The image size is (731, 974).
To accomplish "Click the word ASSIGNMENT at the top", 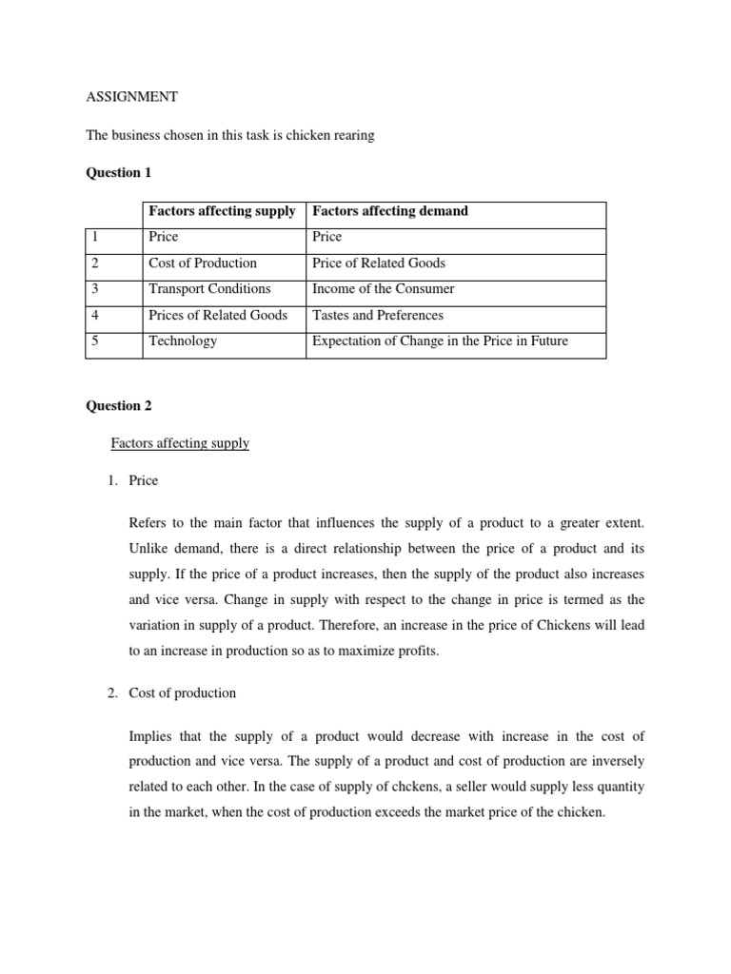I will [x=131, y=97].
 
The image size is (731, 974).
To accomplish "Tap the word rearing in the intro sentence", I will [x=352, y=135].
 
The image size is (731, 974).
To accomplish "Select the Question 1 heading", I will [x=119, y=173].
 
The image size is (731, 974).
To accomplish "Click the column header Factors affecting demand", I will [x=390, y=211].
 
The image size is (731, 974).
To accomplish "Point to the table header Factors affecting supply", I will [x=222, y=211].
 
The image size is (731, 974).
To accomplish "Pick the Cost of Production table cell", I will [x=203, y=263].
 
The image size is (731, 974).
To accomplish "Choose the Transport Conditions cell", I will [x=209, y=288].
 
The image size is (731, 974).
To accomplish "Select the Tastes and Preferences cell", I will [x=378, y=315].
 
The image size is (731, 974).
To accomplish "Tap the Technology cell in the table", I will [x=183, y=341].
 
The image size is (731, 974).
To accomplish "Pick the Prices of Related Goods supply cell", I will [x=218, y=315].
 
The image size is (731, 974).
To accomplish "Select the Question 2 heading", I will [x=119, y=405].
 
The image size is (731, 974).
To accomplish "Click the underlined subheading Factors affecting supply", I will [x=180, y=443].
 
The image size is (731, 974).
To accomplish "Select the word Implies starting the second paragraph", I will [x=150, y=737].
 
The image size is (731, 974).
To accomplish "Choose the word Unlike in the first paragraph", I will [x=148, y=549].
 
